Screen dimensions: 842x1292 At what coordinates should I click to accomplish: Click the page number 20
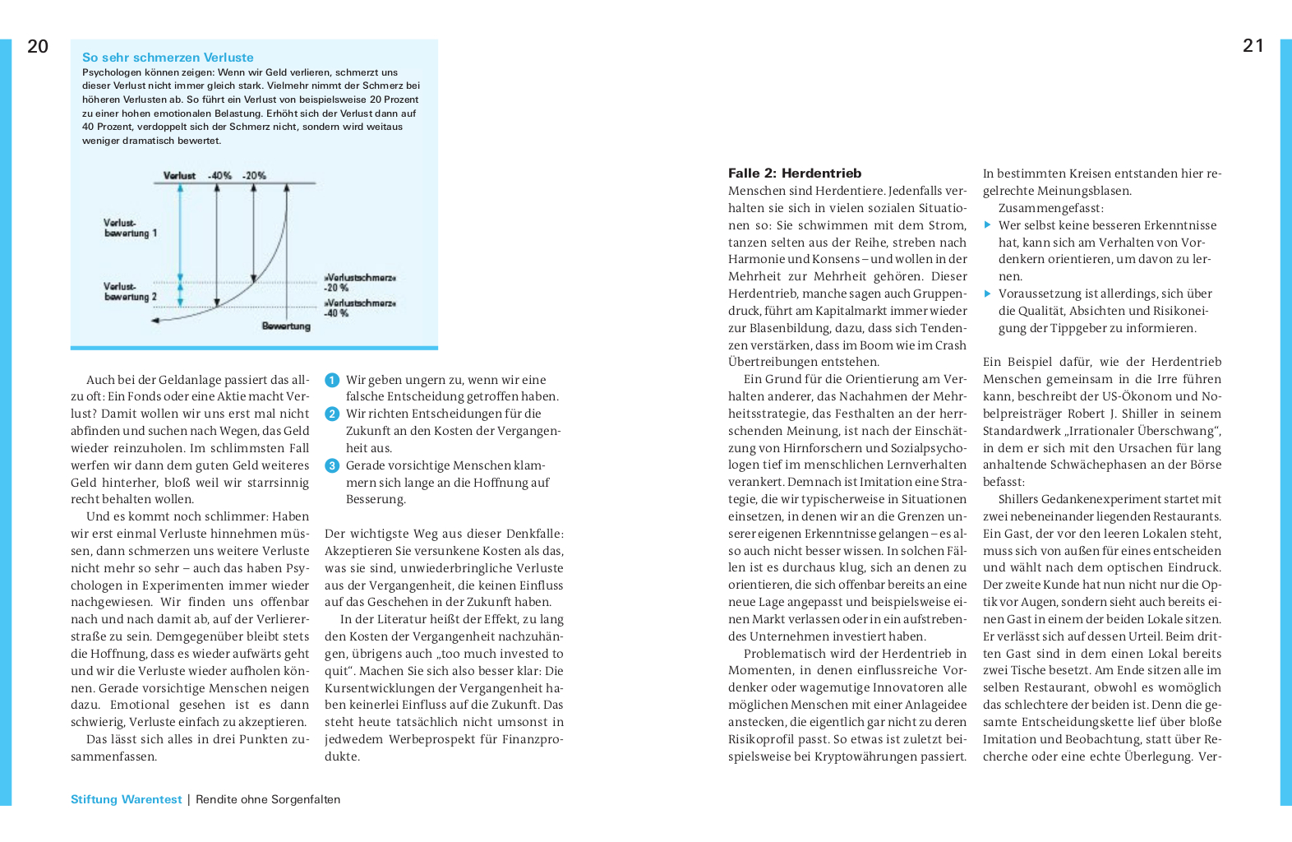click(38, 47)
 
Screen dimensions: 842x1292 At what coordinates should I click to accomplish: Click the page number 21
click(1253, 46)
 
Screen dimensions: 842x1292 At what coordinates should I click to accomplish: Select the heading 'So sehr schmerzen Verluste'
click(168, 58)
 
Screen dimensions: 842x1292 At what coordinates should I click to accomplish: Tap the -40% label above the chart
click(219, 176)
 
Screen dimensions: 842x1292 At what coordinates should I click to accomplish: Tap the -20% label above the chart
click(254, 176)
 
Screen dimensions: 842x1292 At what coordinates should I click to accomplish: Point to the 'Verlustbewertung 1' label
click(130, 228)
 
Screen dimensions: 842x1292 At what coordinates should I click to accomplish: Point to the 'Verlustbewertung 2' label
click(130, 292)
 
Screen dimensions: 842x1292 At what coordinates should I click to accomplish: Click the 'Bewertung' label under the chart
click(286, 326)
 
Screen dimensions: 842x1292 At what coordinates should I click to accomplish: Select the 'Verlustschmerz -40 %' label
click(360, 308)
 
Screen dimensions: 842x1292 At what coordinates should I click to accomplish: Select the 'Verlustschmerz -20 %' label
click(360, 282)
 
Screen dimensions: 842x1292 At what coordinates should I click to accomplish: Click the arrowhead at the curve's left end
click(157, 321)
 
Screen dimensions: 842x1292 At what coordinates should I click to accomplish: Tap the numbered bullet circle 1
click(332, 380)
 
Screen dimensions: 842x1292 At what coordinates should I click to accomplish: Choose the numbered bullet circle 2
click(332, 414)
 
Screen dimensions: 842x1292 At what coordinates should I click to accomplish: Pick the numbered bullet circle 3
click(332, 465)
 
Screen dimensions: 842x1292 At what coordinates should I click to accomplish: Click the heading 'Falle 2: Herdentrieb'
click(795, 173)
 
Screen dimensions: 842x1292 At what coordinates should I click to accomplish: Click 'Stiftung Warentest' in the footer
click(126, 799)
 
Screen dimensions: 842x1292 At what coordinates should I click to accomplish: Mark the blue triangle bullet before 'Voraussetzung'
click(988, 294)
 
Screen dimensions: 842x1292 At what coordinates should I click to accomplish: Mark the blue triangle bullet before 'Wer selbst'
click(988, 224)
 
